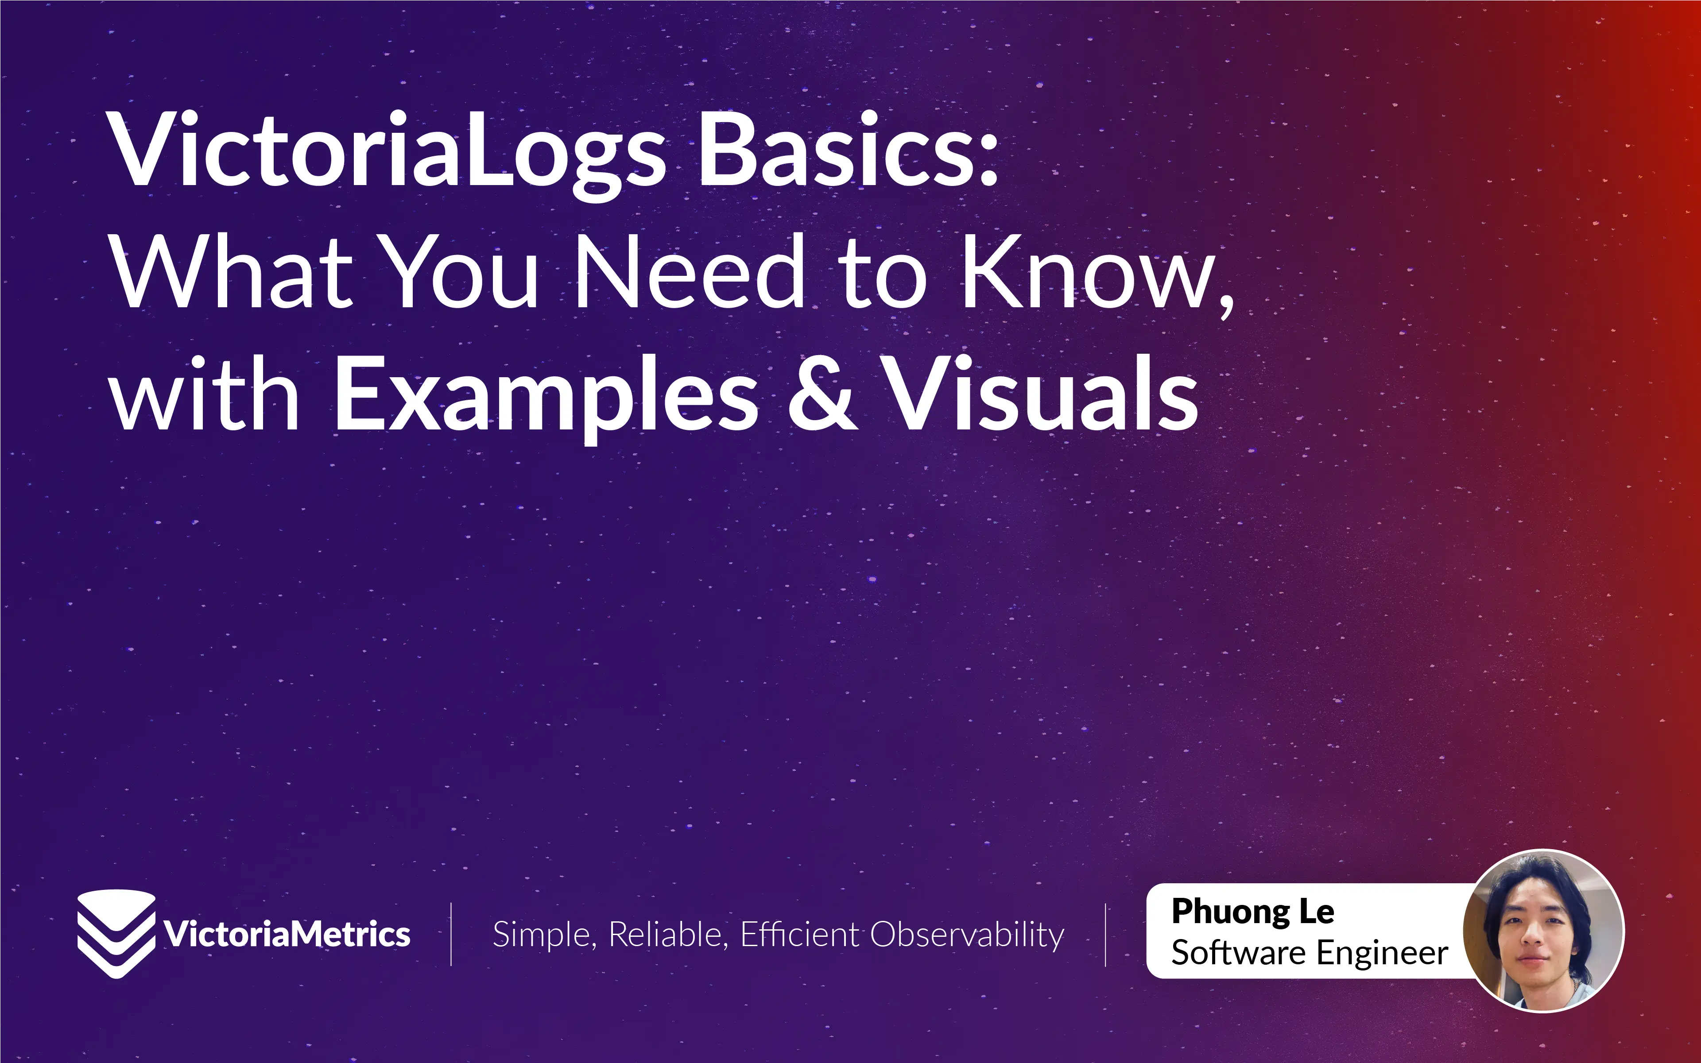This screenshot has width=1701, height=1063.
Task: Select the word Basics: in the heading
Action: (x=847, y=151)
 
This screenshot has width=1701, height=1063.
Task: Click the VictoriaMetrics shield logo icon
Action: (x=116, y=934)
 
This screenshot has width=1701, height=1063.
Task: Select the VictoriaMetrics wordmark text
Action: (x=287, y=934)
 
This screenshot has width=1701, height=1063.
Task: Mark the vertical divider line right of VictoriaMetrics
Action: (x=451, y=934)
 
